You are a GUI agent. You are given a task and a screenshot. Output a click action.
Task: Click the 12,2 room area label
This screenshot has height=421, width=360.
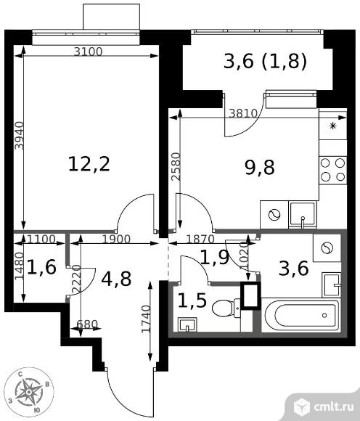point(89,164)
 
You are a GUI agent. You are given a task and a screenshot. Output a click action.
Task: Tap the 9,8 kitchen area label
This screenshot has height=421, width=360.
point(260,168)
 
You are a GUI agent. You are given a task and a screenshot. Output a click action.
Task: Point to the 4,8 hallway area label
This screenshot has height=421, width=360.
point(117,279)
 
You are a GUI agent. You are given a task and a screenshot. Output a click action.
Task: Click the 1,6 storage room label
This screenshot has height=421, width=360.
point(41,267)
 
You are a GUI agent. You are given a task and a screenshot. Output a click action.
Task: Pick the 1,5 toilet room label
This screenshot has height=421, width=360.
point(192,301)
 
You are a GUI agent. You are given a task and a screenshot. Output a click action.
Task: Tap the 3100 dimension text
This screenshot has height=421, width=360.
point(89,52)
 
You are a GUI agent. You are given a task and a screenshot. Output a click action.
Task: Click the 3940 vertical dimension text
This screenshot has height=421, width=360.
point(20,136)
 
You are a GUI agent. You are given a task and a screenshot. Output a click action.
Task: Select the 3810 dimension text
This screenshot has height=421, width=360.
point(243,114)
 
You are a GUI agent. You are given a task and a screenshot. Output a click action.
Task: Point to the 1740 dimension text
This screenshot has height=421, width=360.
point(146,319)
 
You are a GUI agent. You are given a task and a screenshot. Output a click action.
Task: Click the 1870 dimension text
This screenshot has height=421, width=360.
point(200,239)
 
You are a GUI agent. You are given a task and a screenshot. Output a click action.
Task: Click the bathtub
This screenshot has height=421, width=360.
point(301,315)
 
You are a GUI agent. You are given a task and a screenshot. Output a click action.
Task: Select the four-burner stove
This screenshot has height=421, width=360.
point(333,170)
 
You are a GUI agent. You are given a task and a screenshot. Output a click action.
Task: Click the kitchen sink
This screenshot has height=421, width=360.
point(303,215)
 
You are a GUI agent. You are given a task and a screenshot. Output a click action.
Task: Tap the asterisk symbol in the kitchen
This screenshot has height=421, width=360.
point(333,126)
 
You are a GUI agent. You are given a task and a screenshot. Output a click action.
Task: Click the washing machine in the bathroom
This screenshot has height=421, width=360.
point(327,248)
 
